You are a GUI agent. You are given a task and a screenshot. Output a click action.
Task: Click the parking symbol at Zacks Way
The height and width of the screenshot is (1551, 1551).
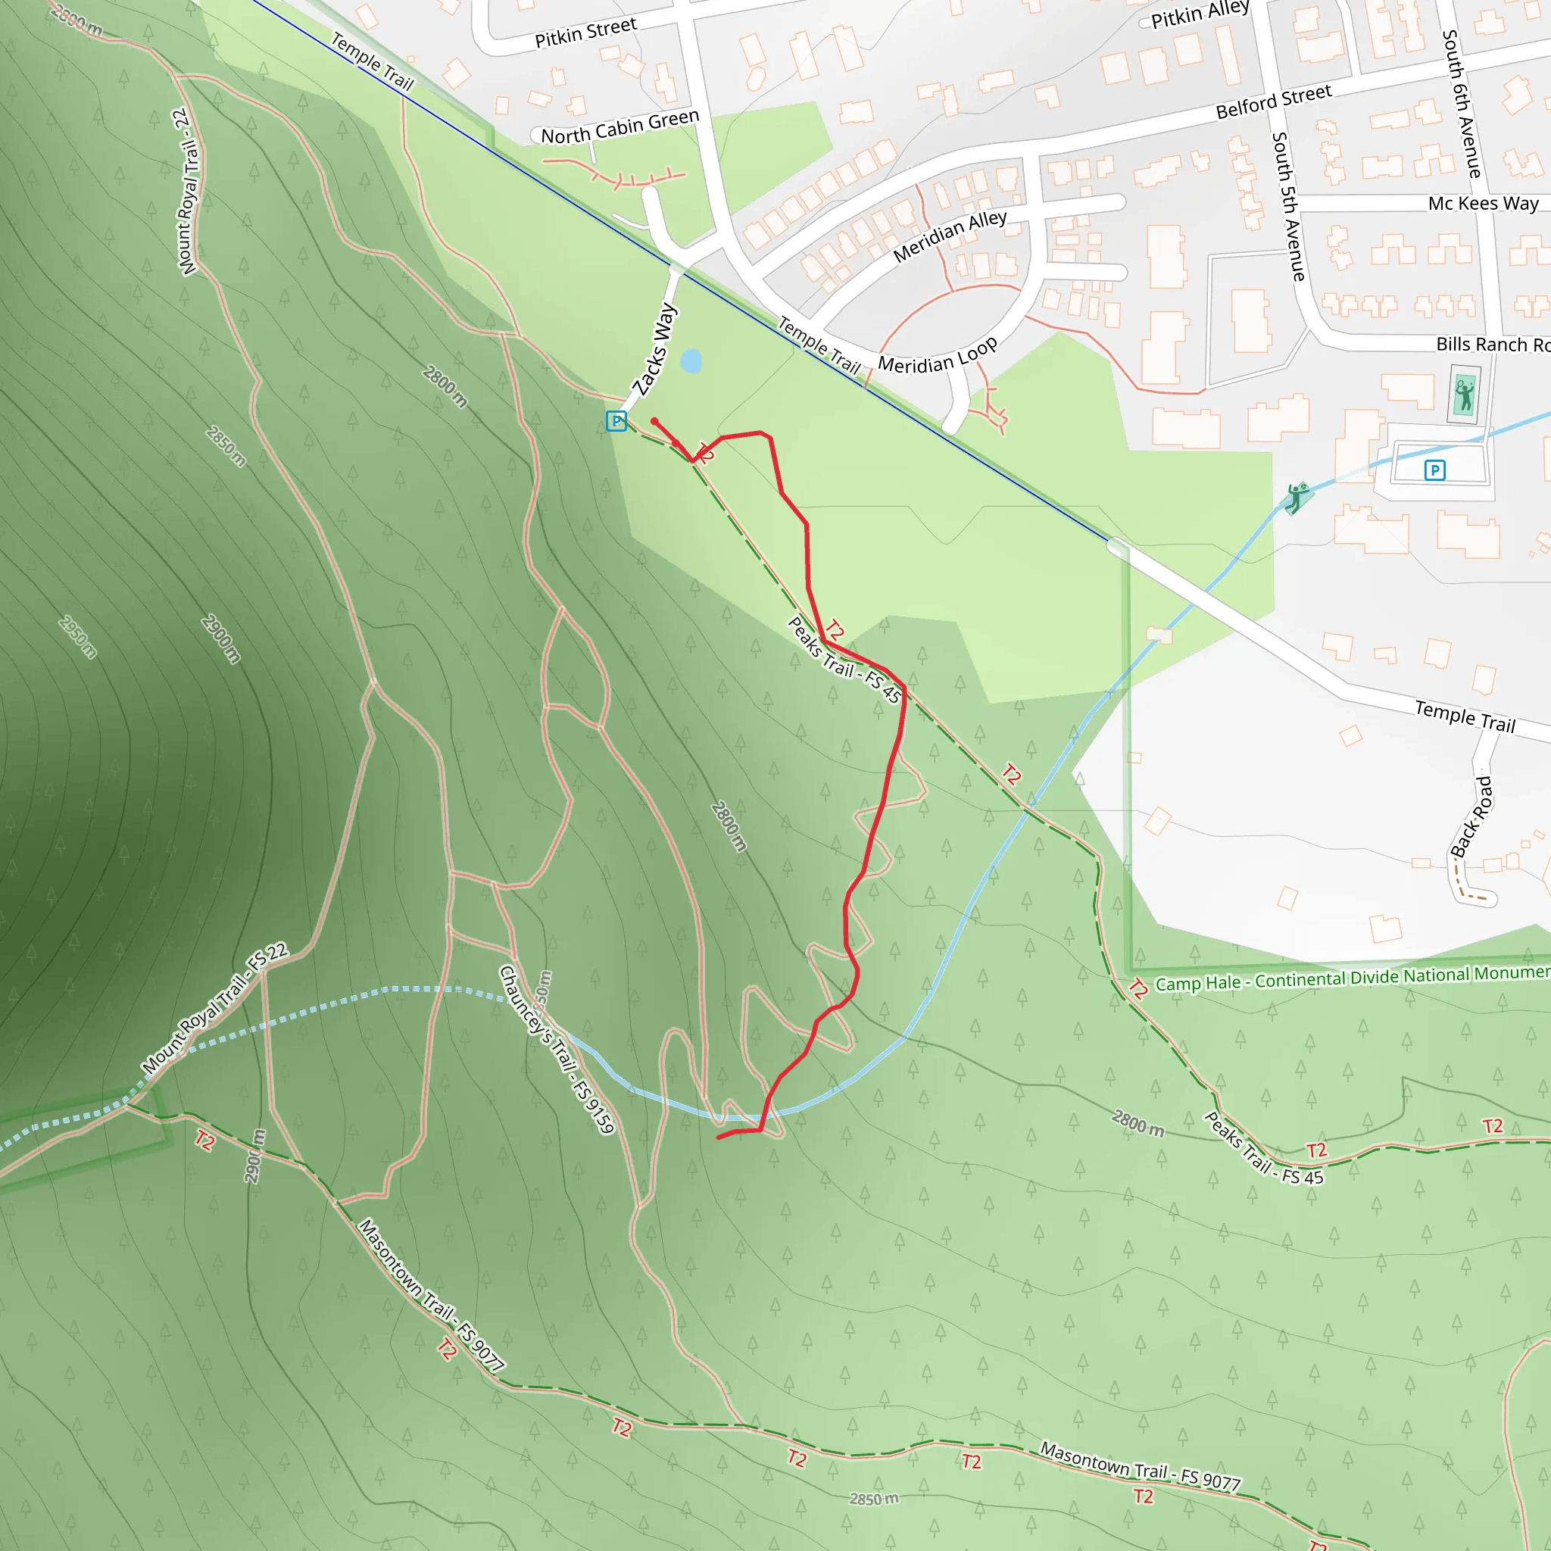(x=616, y=420)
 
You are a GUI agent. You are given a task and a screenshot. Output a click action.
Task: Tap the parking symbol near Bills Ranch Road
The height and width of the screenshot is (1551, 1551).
(x=1434, y=470)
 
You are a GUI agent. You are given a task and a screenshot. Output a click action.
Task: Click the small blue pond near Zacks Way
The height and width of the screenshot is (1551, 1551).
(x=691, y=361)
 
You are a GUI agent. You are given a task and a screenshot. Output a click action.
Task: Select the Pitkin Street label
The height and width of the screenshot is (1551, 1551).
(x=585, y=32)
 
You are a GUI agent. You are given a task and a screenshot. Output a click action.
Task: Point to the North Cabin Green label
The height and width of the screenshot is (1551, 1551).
(x=619, y=126)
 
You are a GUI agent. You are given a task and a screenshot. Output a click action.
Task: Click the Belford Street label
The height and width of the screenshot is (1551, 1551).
(x=1273, y=101)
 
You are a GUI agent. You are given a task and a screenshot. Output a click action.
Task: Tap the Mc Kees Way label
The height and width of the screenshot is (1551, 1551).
(x=1483, y=203)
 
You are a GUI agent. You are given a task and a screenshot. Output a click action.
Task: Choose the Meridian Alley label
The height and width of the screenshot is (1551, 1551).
(x=950, y=236)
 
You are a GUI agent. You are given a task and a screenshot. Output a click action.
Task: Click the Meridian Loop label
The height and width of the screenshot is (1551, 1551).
(x=938, y=356)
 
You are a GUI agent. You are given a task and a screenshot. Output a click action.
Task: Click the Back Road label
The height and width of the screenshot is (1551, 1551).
(x=1471, y=816)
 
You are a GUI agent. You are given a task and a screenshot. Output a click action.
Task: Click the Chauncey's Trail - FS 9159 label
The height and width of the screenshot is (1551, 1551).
(x=557, y=1049)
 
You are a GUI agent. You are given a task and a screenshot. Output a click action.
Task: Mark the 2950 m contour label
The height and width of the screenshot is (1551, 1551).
(x=78, y=637)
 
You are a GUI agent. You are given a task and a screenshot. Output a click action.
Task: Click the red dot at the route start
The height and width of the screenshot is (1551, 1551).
(x=654, y=420)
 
